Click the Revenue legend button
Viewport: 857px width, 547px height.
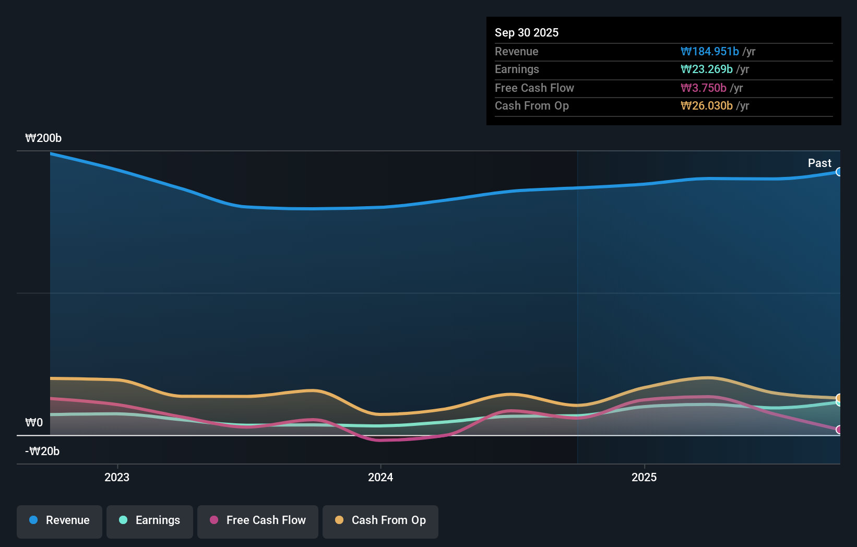tap(59, 520)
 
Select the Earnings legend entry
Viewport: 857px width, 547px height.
tap(150, 520)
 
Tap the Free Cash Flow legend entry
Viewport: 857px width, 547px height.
tap(258, 520)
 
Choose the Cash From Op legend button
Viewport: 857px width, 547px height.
tap(380, 520)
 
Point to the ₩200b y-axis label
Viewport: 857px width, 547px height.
tap(43, 138)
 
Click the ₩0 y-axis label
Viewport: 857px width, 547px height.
tap(34, 423)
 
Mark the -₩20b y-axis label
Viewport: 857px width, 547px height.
tap(42, 451)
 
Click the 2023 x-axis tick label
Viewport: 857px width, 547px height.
tap(117, 478)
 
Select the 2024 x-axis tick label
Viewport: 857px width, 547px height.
tap(380, 478)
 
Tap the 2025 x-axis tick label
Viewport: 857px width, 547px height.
tap(644, 478)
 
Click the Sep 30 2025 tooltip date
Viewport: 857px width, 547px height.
tap(527, 33)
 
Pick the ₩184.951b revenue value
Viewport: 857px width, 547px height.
tap(709, 52)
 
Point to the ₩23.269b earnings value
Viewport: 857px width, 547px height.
tap(706, 69)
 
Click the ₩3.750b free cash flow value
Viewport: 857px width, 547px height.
tap(703, 88)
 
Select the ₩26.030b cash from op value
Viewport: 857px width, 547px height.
tap(706, 106)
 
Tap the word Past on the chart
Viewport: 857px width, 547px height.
tap(819, 163)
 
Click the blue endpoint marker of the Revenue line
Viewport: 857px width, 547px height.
tap(839, 172)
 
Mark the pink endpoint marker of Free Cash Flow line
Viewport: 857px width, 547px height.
tap(839, 430)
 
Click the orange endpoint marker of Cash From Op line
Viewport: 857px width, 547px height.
tap(839, 398)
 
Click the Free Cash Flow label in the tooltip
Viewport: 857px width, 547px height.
tap(534, 88)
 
